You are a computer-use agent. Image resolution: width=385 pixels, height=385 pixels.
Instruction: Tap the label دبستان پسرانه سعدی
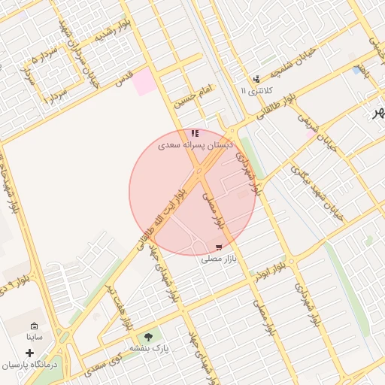tap(196, 144)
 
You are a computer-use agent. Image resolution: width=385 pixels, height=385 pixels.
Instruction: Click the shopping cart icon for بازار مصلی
tap(219, 247)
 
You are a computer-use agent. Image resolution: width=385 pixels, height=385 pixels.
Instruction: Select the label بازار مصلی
tap(219, 259)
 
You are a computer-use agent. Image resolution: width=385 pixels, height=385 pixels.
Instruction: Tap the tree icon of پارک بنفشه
tap(147, 336)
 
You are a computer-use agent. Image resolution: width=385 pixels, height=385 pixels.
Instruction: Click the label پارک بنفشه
tap(147, 348)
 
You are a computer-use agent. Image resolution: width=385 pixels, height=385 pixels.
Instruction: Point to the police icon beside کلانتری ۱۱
tap(256, 78)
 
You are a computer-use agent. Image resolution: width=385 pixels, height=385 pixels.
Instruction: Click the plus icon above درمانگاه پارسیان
tap(30, 352)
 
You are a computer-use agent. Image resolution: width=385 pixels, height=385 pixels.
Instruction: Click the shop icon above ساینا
tap(34, 326)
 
